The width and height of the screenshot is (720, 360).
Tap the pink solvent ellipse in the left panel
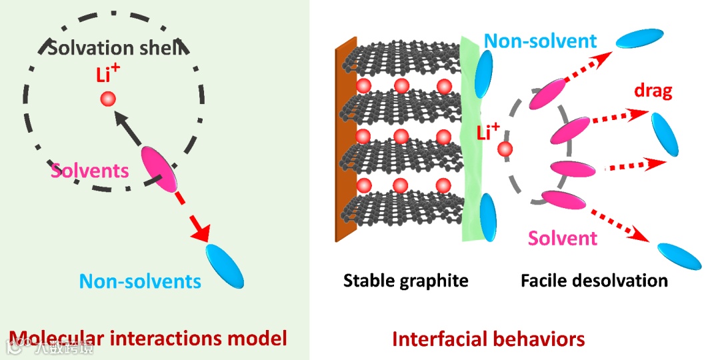coord(159,169)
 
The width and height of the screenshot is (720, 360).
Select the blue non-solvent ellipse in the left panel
coord(225,265)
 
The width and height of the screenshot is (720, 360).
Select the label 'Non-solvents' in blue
coord(140,281)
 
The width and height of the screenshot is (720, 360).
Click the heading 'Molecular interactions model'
coord(148,338)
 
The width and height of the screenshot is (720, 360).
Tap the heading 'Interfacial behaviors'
coord(489,339)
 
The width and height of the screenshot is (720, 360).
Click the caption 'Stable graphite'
coord(405,280)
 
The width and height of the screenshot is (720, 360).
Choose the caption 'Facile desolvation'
coord(594,280)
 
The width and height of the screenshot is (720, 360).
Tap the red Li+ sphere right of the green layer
coord(505,150)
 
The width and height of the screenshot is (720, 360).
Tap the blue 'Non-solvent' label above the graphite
coord(540,41)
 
